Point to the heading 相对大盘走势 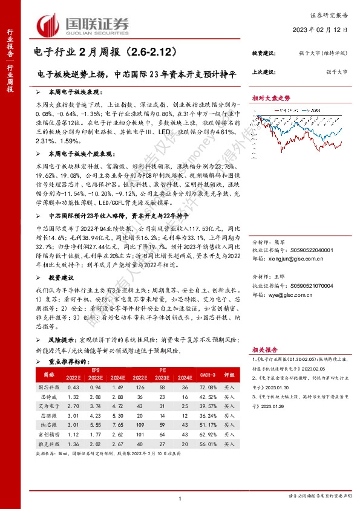272,97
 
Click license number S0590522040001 308,248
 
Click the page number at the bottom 180,497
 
